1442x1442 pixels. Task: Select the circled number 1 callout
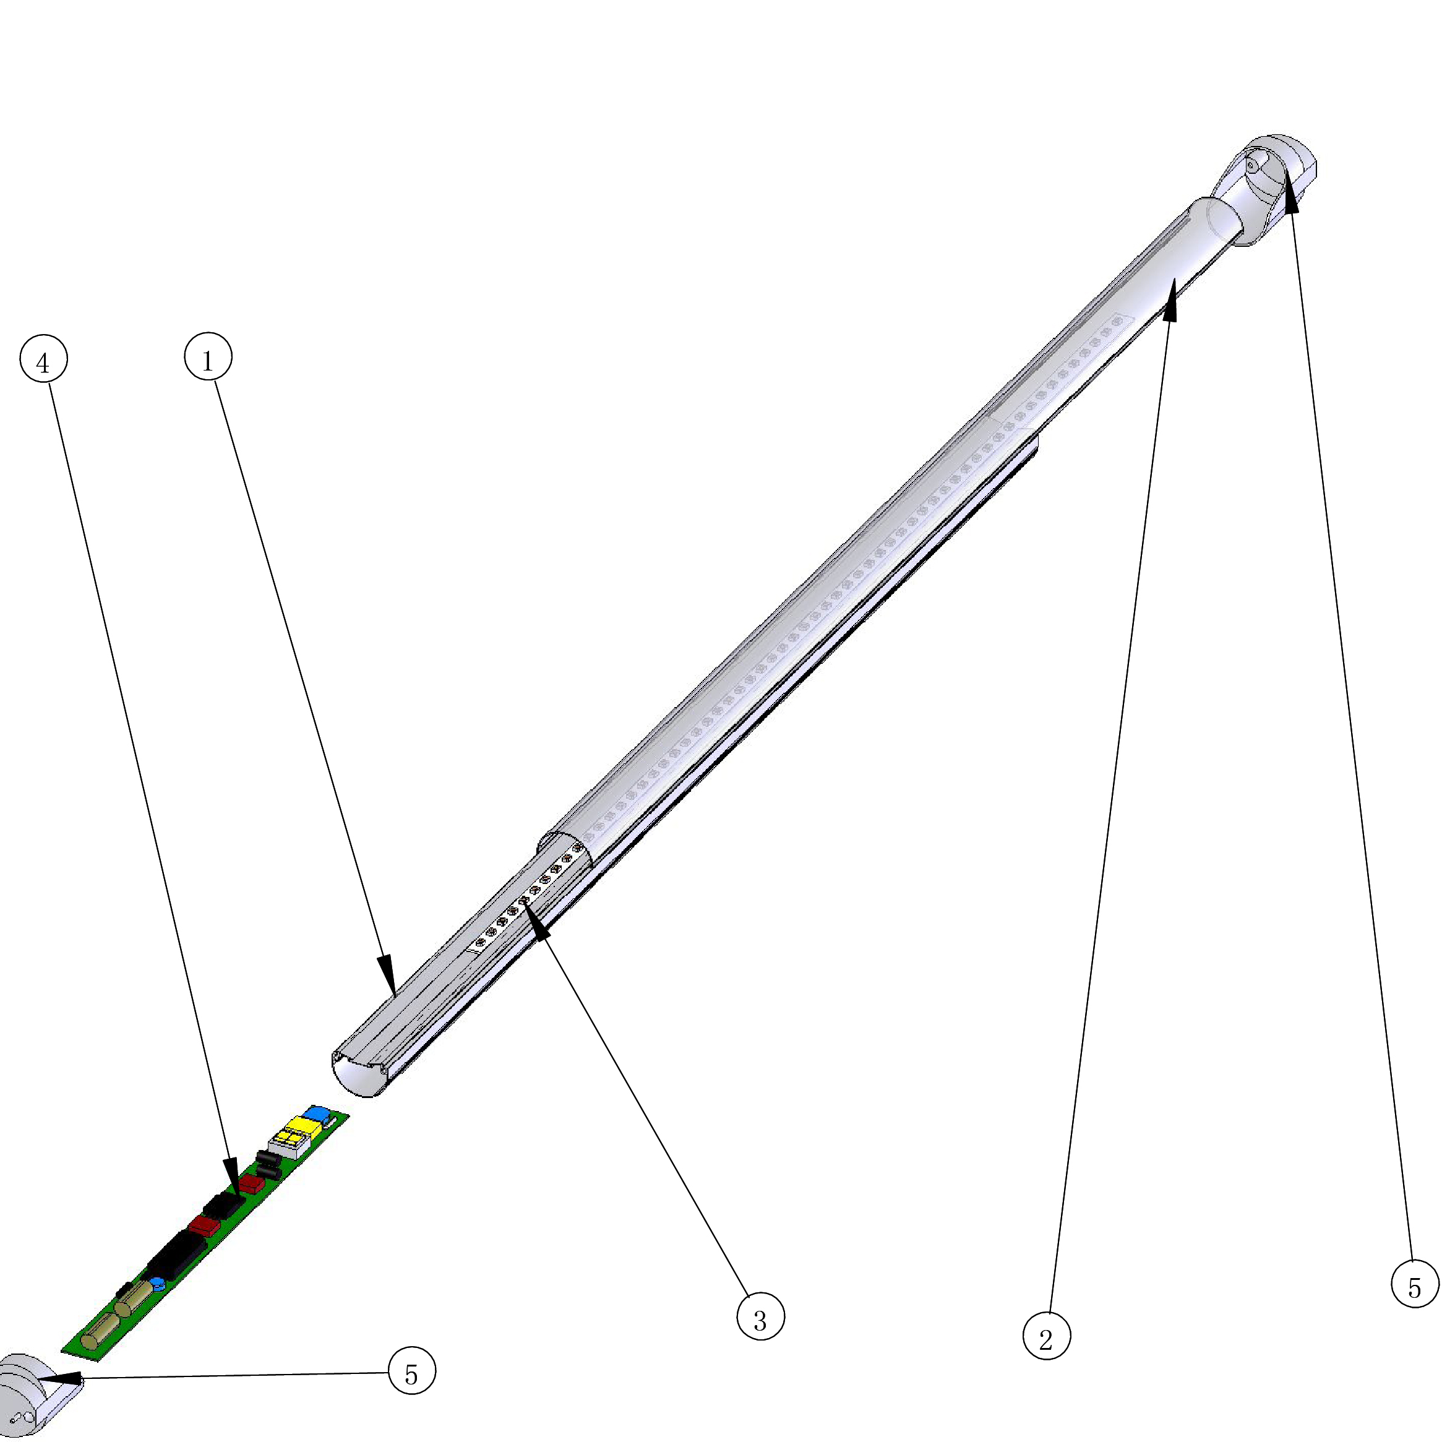click(x=208, y=357)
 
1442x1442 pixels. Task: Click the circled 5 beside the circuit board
click(x=412, y=1370)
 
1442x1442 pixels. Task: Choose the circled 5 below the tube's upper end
click(x=1415, y=1284)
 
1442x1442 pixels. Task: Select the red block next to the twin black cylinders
click(x=252, y=1186)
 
